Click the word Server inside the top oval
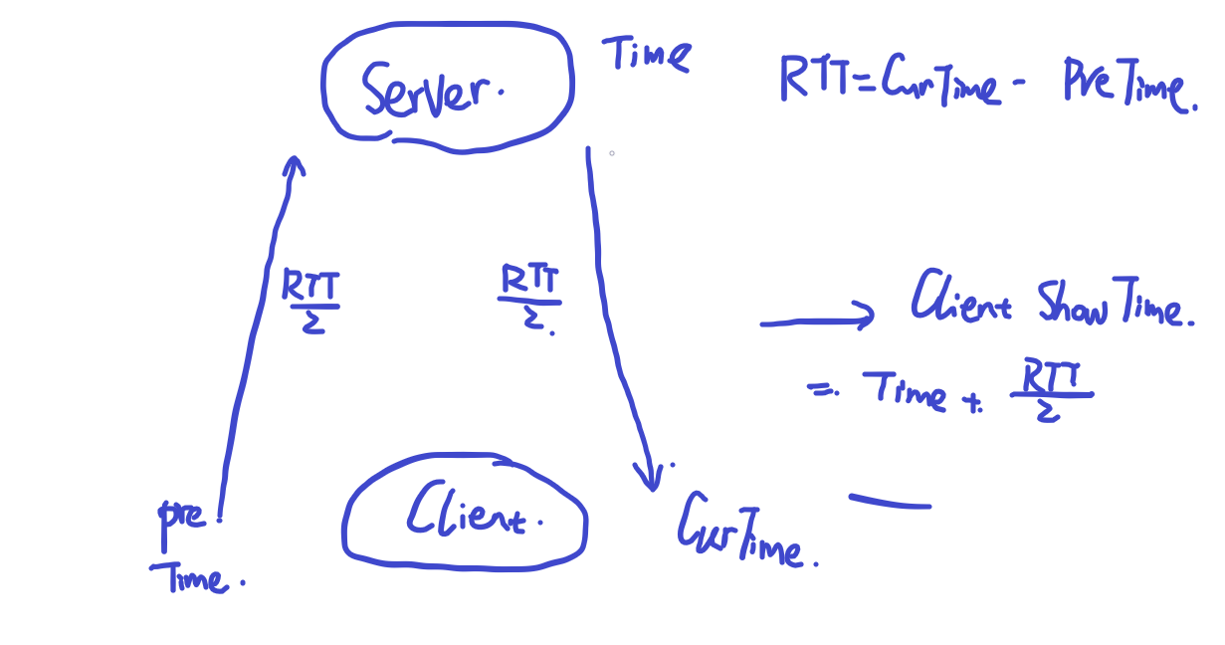coord(430,89)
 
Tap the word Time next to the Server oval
coord(646,54)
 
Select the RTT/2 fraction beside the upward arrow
coord(311,302)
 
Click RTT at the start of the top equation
coord(808,79)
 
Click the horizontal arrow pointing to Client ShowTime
coord(816,320)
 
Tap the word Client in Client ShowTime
coord(960,299)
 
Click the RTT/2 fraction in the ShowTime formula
coord(1051,392)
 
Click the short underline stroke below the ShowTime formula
coord(890,502)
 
